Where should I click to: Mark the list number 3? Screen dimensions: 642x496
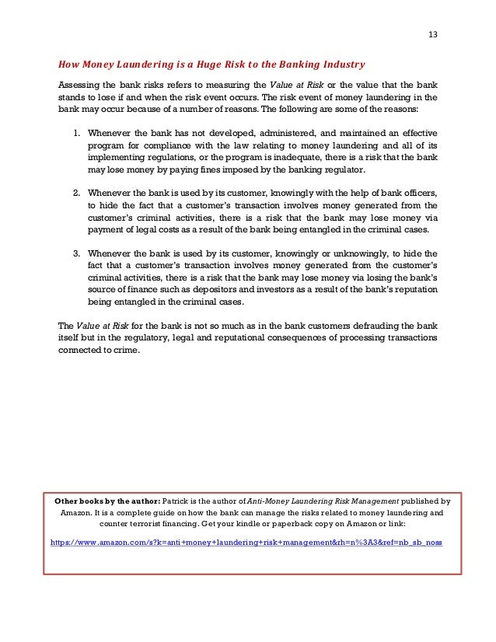76,253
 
